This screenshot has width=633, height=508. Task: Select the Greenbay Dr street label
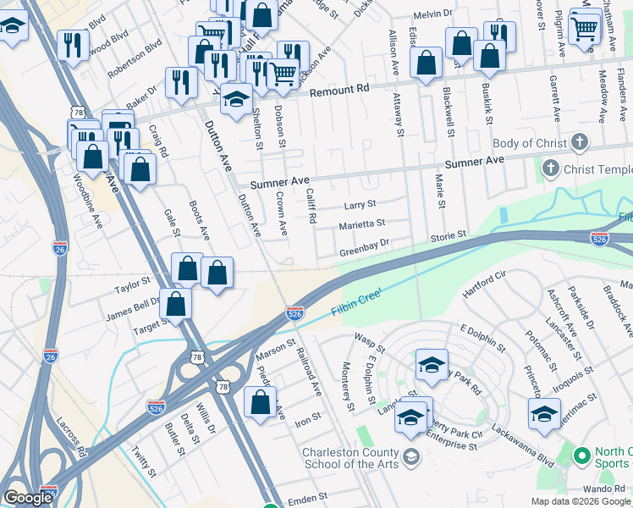(x=364, y=251)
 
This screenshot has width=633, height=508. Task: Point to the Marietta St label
(x=361, y=224)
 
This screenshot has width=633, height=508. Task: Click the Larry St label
(x=360, y=205)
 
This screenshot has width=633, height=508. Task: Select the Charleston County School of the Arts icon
(x=410, y=458)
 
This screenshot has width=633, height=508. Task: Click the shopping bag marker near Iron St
(x=260, y=403)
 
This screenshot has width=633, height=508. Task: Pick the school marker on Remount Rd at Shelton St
(x=237, y=99)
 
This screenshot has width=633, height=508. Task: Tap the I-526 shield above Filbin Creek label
(x=294, y=313)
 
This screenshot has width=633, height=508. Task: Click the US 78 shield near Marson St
(x=223, y=386)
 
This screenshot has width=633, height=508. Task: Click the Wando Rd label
(x=603, y=489)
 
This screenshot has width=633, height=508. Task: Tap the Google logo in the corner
(x=28, y=498)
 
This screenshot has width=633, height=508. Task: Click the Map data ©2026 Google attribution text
(x=581, y=501)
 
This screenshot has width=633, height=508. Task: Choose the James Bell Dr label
(x=133, y=306)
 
